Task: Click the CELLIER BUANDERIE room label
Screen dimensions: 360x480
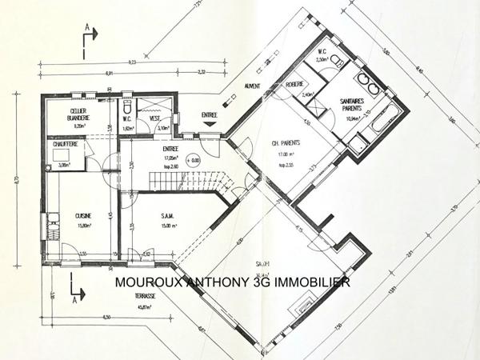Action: [x=78, y=114]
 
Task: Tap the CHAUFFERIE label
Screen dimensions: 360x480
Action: [x=66, y=144]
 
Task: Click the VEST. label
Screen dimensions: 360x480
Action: [x=157, y=118]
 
